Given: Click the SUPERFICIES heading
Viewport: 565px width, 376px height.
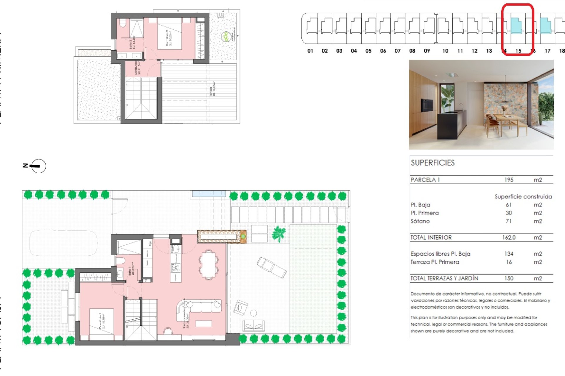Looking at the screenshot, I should (x=433, y=163).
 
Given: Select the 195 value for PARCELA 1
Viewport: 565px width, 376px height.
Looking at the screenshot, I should (x=509, y=180).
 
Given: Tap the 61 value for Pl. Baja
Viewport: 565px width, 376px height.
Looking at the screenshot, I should (x=508, y=205).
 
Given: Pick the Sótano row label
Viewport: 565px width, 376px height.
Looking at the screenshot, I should (x=420, y=221).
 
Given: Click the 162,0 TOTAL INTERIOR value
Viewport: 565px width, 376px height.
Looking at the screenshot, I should (x=509, y=237).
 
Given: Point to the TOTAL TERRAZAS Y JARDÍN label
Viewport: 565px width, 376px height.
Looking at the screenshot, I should (x=444, y=278).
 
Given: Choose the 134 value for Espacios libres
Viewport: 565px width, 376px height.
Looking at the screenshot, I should (x=509, y=254).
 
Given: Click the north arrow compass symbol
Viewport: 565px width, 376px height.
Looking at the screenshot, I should (x=38, y=166).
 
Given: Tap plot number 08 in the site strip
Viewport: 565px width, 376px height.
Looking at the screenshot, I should (x=412, y=51).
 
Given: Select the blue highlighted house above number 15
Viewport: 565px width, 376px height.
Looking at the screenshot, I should (x=516, y=26).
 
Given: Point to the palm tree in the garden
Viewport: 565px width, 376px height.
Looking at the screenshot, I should (x=278, y=234).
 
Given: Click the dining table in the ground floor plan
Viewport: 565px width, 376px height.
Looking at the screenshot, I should (x=209, y=264).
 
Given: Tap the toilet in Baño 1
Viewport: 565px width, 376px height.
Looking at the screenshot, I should (x=121, y=261).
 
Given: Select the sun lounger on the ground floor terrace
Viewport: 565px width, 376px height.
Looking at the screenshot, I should (x=271, y=267).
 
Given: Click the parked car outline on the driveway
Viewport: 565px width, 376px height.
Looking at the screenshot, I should (x=64, y=243).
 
